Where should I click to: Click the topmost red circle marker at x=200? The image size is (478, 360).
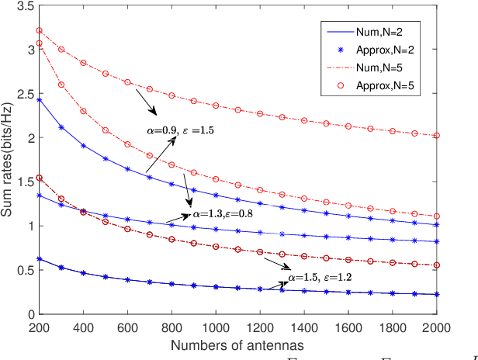click(x=40, y=31)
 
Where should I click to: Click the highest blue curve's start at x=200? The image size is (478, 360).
click(x=40, y=99)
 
